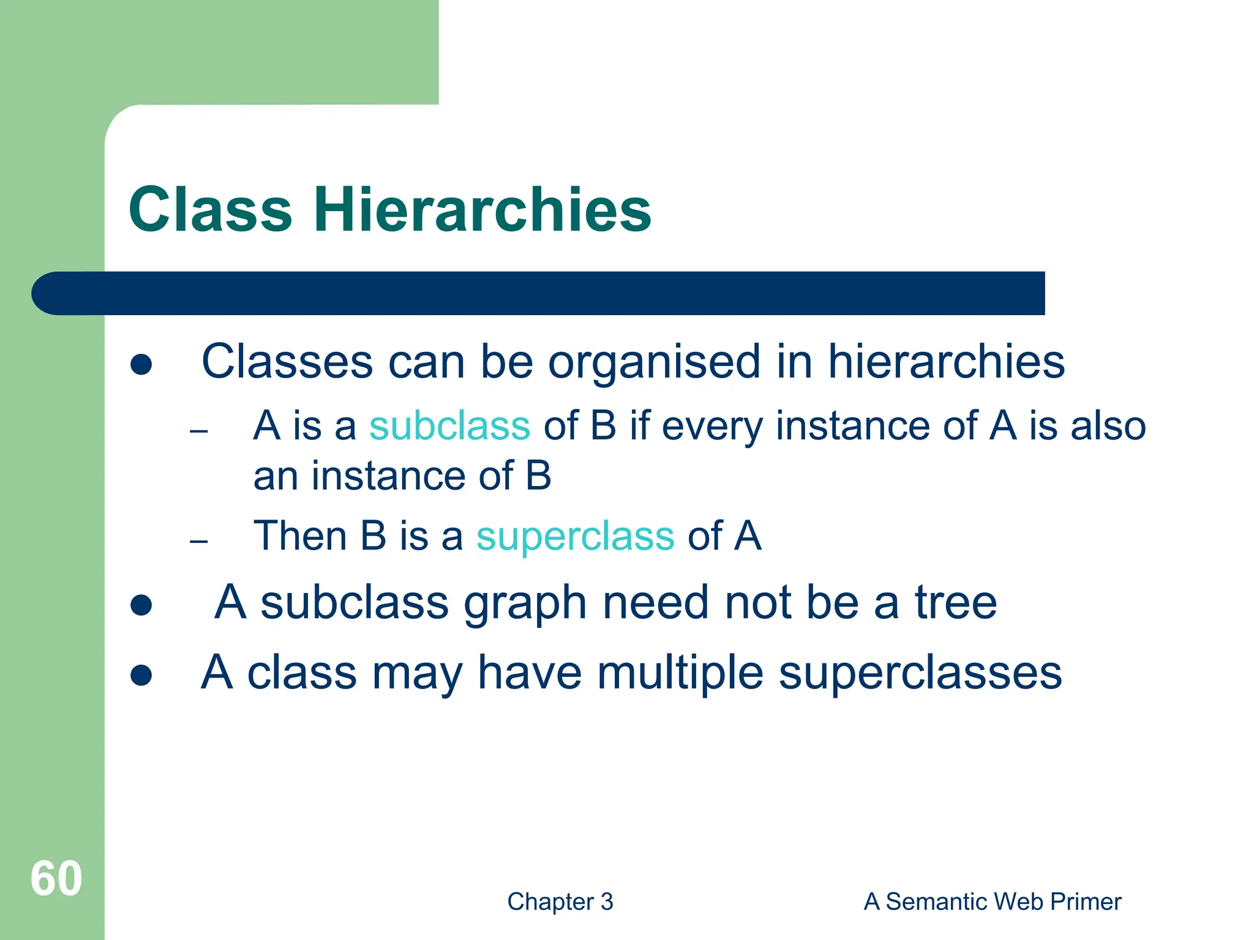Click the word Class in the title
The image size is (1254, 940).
pos(210,210)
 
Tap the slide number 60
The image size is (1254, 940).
pos(56,879)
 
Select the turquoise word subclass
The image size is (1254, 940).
pos(449,426)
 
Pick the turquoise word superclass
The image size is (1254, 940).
pos(576,536)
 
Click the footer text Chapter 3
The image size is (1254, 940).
pos(560,901)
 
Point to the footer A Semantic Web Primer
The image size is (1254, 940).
pos(992,901)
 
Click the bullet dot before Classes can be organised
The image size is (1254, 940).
pos(141,365)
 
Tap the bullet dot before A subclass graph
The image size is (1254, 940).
pos(141,605)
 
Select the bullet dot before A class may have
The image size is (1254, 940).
pos(141,676)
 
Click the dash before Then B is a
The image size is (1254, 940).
pos(199,542)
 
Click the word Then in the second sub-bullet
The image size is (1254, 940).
pos(299,536)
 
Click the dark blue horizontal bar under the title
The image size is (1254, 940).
pos(539,293)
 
